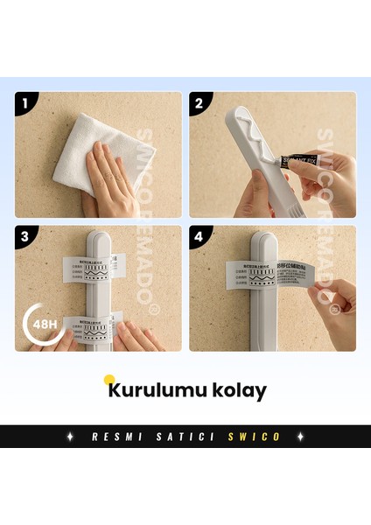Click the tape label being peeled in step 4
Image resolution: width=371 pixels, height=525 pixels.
coord(271,276)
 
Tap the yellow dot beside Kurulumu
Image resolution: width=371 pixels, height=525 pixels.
coord(109,380)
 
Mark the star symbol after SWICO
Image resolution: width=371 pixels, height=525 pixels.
coord(301,437)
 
